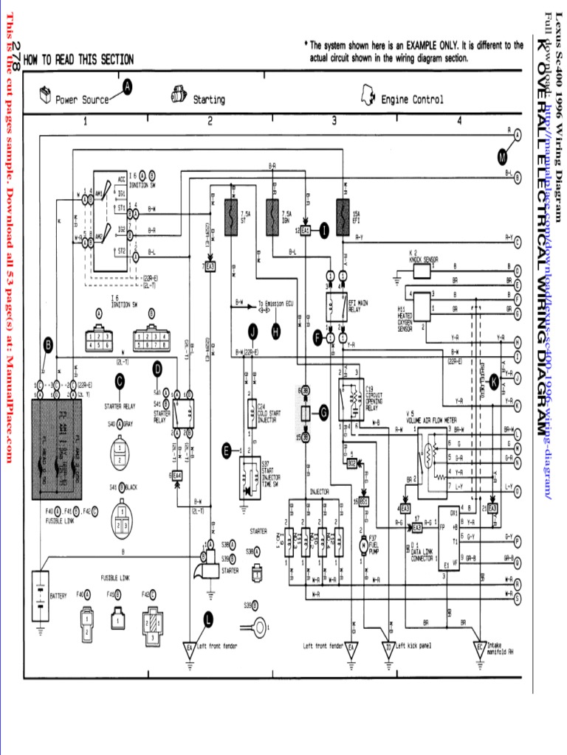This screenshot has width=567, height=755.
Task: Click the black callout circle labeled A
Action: [127, 87]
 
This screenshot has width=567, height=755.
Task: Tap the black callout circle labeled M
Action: [504, 156]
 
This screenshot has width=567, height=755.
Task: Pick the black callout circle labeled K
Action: [494, 381]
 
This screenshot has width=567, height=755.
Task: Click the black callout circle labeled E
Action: [227, 448]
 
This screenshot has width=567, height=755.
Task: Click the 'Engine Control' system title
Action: [412, 100]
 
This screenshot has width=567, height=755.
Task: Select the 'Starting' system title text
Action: [209, 100]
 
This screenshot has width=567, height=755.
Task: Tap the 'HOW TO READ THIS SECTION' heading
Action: [79, 60]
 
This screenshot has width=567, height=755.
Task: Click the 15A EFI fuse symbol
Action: [342, 215]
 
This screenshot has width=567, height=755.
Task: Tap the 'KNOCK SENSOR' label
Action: [423, 260]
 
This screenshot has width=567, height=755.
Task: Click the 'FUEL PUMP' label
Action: [373, 545]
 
